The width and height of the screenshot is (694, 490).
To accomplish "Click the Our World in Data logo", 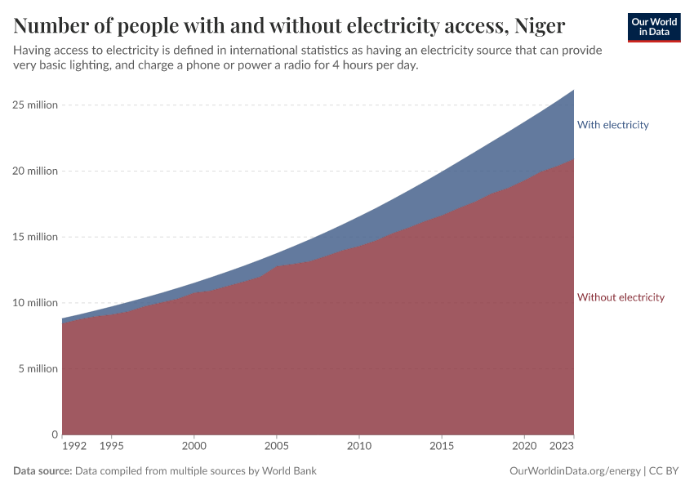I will point(653,27).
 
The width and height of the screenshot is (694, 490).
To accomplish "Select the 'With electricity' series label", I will point(612,125).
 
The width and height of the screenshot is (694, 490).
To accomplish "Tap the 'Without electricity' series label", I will point(621,297).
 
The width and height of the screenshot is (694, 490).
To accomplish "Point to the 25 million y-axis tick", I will point(34,105).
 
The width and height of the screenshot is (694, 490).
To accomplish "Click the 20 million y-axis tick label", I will point(34,171).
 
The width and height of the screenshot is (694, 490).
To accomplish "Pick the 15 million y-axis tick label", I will point(34,237).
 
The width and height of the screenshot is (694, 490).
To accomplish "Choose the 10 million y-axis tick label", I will point(34,303).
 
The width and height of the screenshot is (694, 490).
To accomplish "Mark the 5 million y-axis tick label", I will point(37,368).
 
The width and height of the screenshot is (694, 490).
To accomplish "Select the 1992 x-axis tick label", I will point(73,447).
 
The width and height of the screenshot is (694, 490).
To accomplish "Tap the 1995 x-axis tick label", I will point(111,447).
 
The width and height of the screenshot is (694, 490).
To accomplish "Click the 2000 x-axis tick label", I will point(194,447).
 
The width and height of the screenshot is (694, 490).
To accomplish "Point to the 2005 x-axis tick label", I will point(276,447).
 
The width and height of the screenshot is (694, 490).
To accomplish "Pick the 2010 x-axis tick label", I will point(358,447).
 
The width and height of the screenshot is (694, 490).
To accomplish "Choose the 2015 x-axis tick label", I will point(442,447).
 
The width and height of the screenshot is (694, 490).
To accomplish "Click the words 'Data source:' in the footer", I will point(42,471).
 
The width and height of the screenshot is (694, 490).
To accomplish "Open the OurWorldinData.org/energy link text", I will point(574,471).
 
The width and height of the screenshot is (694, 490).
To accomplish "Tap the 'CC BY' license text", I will point(666,471).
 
